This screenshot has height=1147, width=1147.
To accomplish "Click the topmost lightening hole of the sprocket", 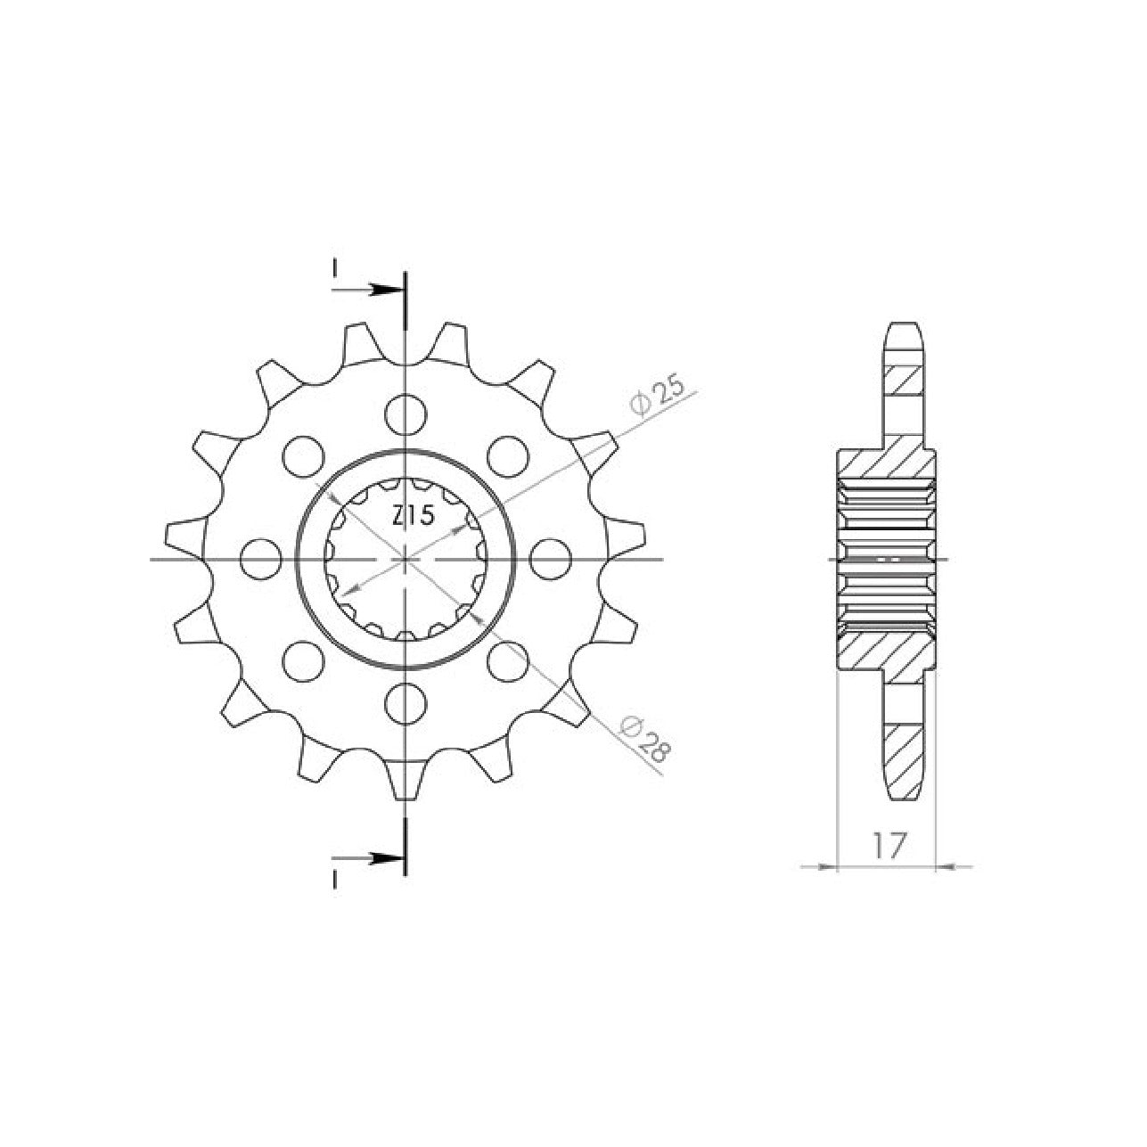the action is coord(406,414).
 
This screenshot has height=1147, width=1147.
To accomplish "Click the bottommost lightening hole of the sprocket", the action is coord(406,704).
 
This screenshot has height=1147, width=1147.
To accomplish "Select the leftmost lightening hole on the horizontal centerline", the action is coord(261,559).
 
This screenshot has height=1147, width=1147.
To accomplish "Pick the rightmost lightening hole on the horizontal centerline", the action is coord(550,559).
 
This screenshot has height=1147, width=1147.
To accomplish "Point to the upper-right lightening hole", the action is coord(508,456).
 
